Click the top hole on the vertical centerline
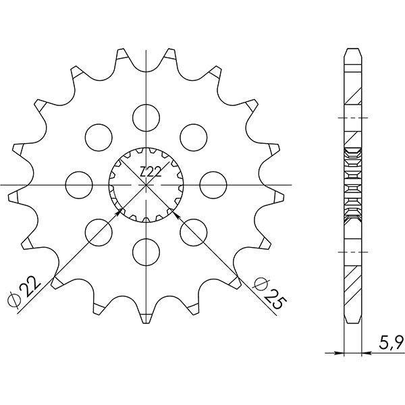(x=145, y=117)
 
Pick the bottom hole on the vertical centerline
(x=145, y=251)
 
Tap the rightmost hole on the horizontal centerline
(x=213, y=184)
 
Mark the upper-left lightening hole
(x=98, y=136)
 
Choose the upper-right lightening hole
(x=193, y=136)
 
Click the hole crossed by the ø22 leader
(x=98, y=231)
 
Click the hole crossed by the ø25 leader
(x=193, y=231)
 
